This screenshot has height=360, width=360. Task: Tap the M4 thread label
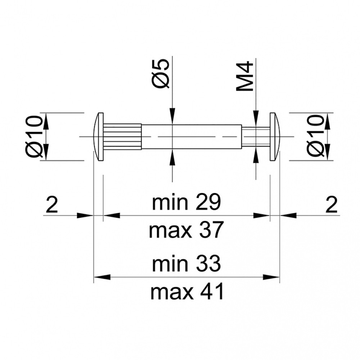[x=245, y=76]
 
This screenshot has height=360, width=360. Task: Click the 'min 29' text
[x=186, y=202]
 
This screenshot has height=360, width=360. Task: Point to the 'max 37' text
[x=186, y=230]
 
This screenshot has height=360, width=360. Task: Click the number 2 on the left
[x=52, y=204]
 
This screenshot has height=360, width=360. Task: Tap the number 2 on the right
[x=332, y=204]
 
